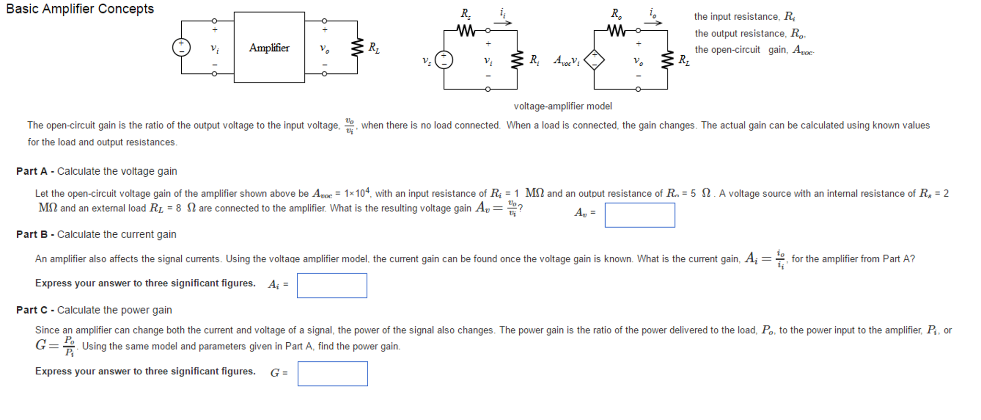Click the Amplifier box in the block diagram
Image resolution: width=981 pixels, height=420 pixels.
pyautogui.click(x=269, y=48)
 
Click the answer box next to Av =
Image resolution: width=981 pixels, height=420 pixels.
pyautogui.click(x=640, y=215)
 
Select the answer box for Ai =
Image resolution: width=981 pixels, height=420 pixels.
pyautogui.click(x=332, y=286)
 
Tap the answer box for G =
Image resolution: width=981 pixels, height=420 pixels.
pyautogui.click(x=333, y=374)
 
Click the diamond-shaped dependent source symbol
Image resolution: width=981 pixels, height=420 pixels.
pyautogui.click(x=594, y=60)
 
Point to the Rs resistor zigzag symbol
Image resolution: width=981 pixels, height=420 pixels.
pyautogui.click(x=466, y=31)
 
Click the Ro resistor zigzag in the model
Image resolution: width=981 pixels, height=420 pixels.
pyautogui.click(x=616, y=31)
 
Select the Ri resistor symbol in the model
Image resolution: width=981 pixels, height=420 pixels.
pyautogui.click(x=517, y=60)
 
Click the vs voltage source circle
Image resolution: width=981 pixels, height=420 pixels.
pyautogui.click(x=444, y=60)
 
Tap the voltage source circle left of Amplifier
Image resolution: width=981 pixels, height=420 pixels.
pyautogui.click(x=181, y=48)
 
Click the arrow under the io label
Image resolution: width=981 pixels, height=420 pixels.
pyautogui.click(x=653, y=23)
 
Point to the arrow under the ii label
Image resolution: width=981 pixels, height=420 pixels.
pyautogui.click(x=503, y=23)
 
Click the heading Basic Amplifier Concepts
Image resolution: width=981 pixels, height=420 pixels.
pyautogui.click(x=80, y=9)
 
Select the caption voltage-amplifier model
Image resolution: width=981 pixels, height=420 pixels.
pyautogui.click(x=563, y=106)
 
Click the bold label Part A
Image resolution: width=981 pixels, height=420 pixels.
pyautogui.click(x=32, y=171)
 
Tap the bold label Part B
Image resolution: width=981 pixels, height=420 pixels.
pyautogui.click(x=32, y=234)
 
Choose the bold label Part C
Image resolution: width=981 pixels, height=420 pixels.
pyautogui.click(x=32, y=310)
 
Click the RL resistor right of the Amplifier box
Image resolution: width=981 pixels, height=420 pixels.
pyautogui.click(x=357, y=48)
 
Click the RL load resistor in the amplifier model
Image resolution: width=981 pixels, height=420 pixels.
pyautogui.click(x=667, y=60)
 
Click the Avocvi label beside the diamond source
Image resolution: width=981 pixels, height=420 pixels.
pyautogui.click(x=566, y=60)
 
